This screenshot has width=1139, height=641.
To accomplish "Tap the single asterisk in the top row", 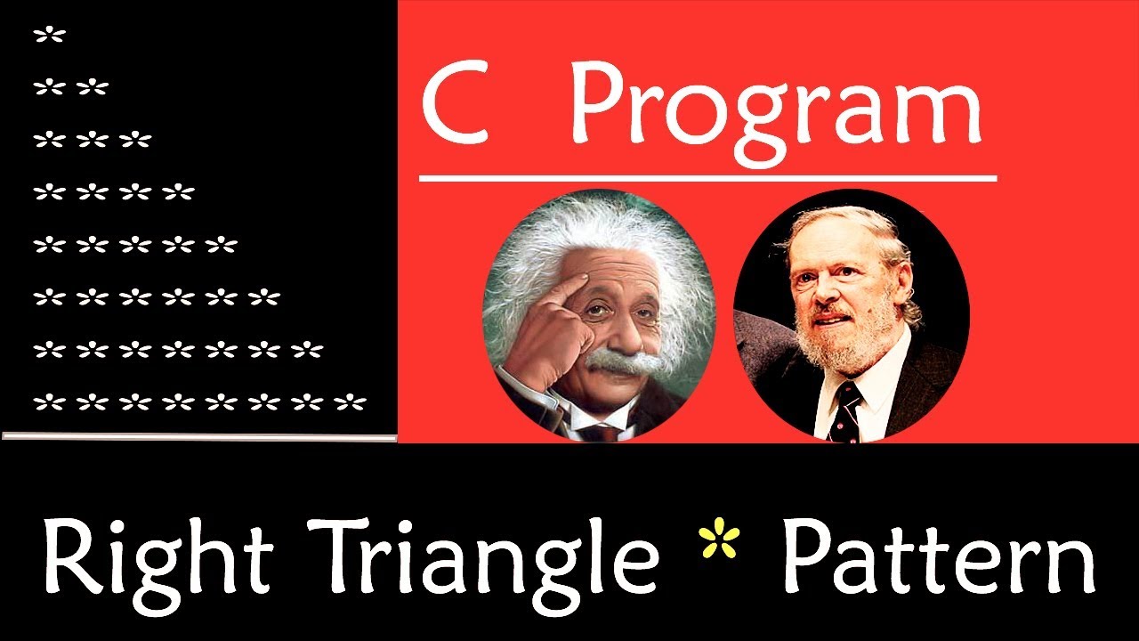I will (x=50, y=37).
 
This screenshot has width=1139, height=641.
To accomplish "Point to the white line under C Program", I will (x=707, y=178).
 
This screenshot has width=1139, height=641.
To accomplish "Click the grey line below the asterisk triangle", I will (x=199, y=436).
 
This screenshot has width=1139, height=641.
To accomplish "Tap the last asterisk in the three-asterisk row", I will (x=136, y=141).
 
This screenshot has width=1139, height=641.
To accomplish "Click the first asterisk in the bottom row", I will (x=50, y=402).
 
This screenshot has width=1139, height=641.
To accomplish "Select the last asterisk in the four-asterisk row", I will (x=179, y=192).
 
